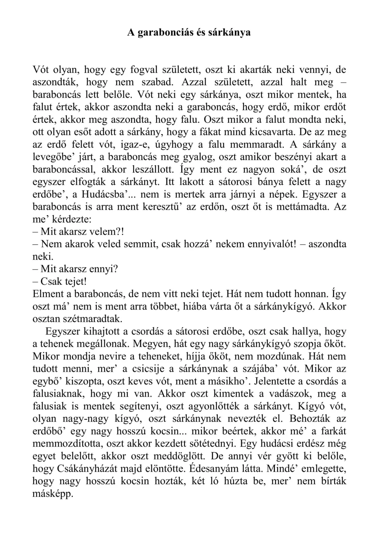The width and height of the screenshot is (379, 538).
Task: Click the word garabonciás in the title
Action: [164, 33]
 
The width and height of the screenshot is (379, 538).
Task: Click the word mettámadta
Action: [303, 207]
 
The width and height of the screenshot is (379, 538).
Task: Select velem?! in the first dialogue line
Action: [108, 232]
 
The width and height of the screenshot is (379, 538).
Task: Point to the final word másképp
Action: [53, 494]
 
